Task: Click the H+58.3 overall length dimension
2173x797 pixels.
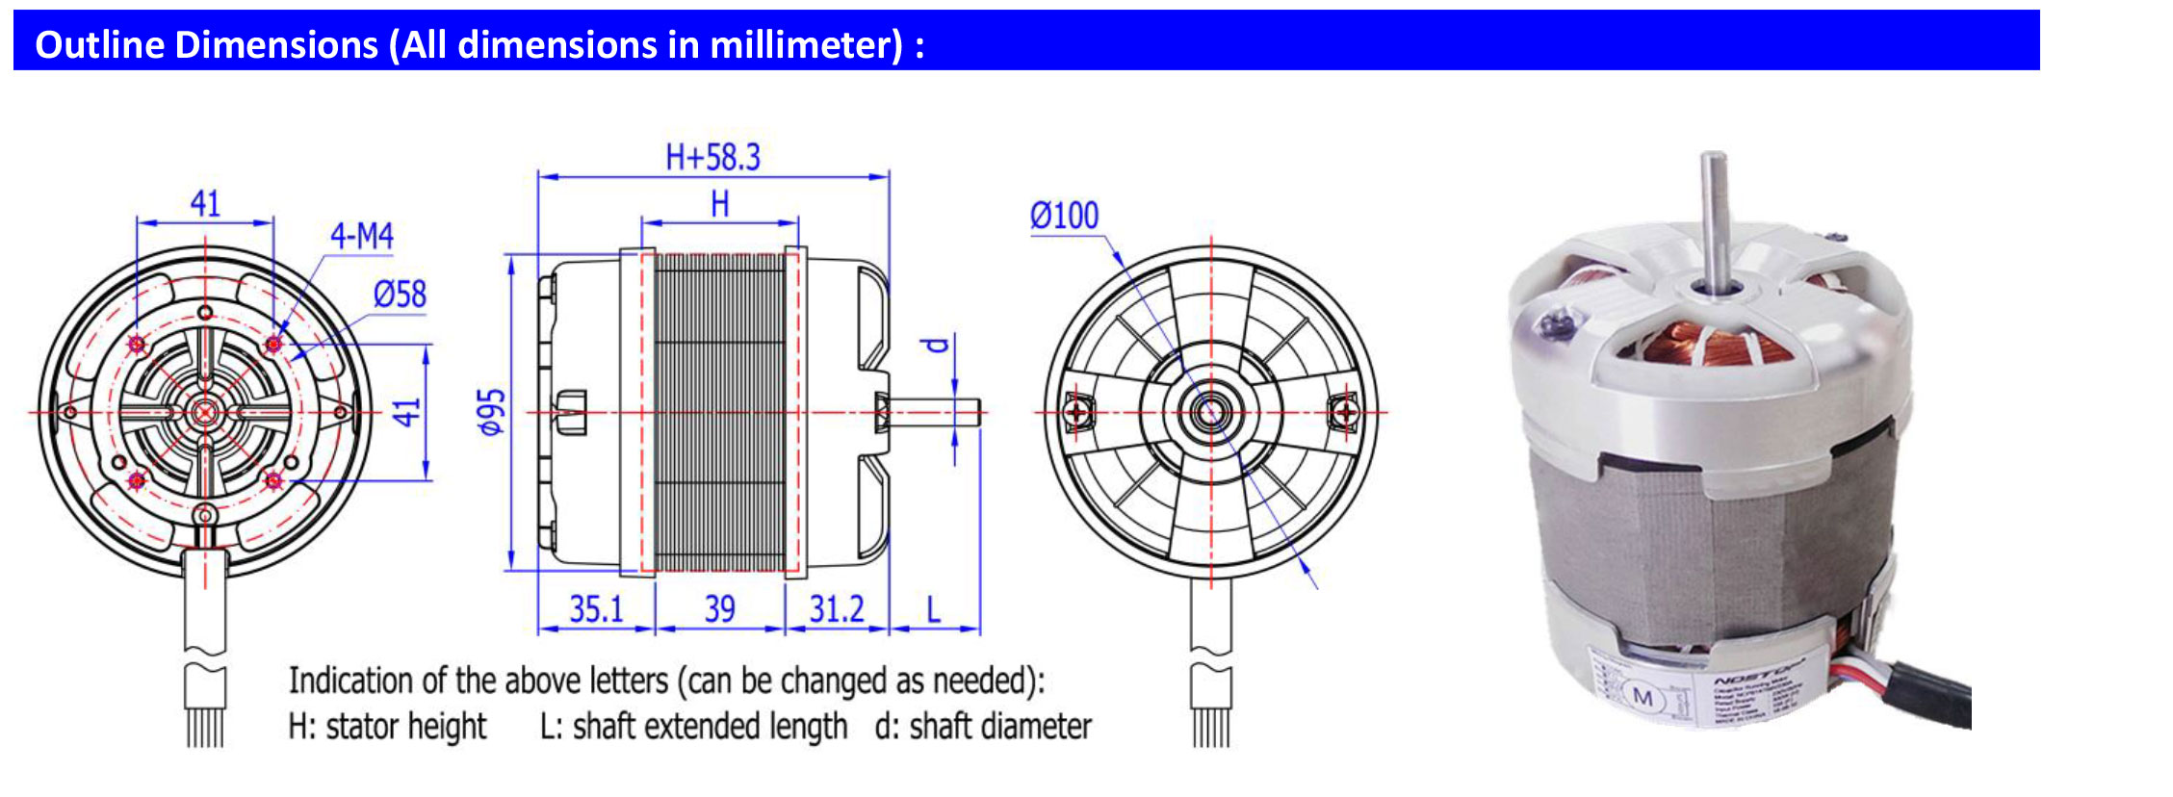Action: [x=712, y=157]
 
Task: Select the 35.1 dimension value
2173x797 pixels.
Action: [x=596, y=609]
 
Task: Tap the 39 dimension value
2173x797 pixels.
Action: [x=719, y=609]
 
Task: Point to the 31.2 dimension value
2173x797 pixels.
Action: [x=836, y=609]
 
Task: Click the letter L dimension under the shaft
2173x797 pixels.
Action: [x=933, y=609]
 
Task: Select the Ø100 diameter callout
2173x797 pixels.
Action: [x=1064, y=216]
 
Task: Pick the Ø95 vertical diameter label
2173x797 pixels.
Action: [x=492, y=412]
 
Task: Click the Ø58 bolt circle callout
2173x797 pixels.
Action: [x=400, y=295]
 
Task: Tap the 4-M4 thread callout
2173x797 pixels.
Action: [x=361, y=236]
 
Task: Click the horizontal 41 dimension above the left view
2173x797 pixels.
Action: [x=205, y=204]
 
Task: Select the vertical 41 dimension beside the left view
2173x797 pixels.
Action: [x=408, y=412]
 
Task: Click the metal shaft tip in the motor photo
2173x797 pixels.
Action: [x=1713, y=164]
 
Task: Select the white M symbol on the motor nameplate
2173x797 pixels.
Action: [x=1643, y=698]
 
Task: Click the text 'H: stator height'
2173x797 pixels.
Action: [x=387, y=727]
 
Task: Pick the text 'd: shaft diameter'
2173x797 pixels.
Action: [x=982, y=727]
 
